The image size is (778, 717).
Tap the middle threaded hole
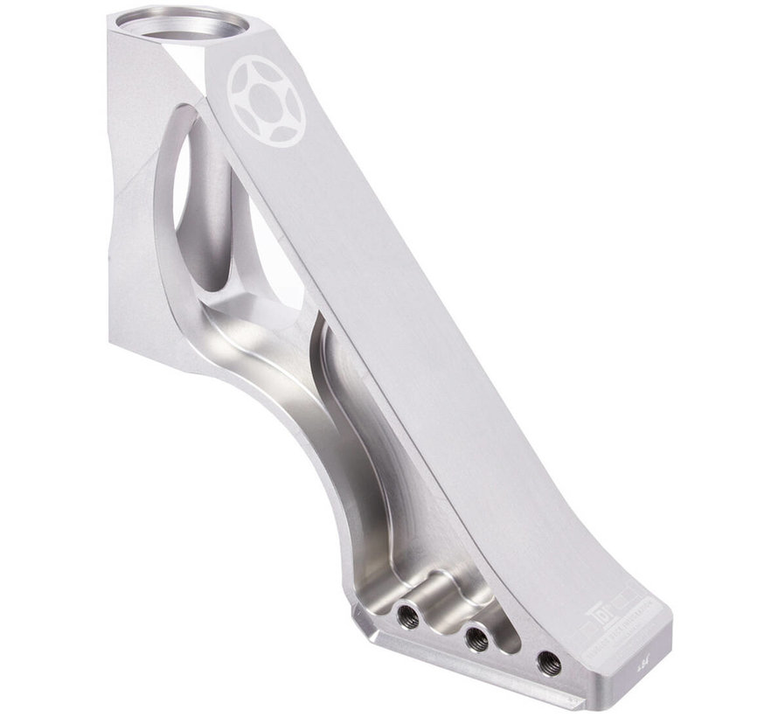pyautogui.click(x=476, y=639)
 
